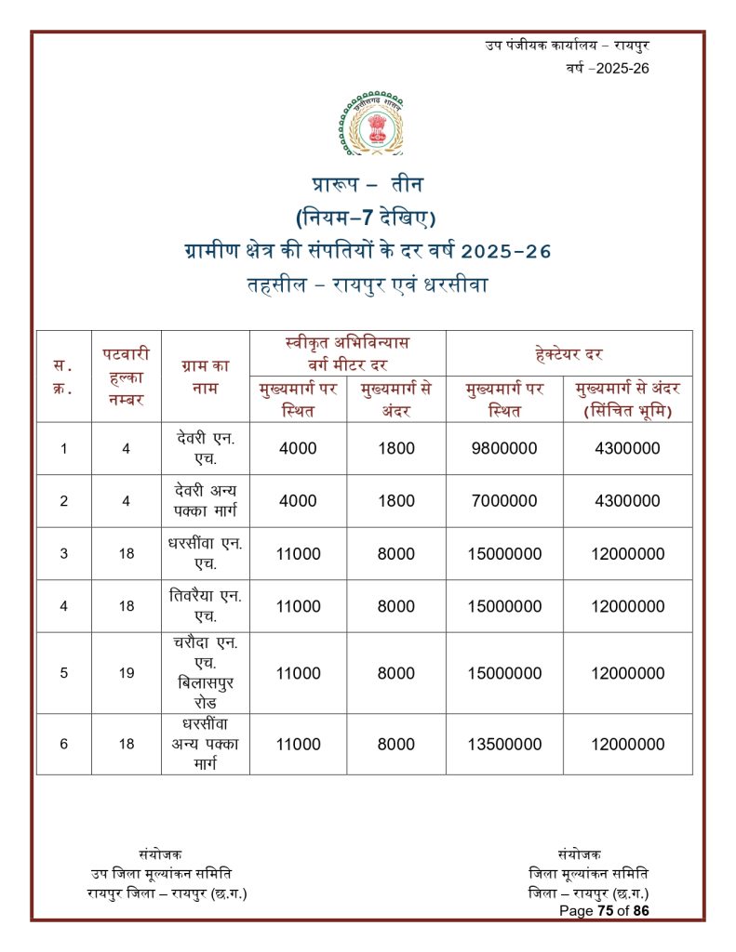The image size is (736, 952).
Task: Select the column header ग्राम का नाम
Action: (206, 377)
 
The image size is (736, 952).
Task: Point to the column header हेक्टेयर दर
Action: (569, 353)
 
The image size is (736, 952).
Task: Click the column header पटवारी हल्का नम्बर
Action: (126, 377)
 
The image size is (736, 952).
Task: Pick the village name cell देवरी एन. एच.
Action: (206, 448)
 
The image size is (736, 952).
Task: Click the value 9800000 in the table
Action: (504, 448)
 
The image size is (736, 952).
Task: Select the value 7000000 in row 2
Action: (504, 501)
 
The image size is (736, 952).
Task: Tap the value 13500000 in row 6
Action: (504, 744)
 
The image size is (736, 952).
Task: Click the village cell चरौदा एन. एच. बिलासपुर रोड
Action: (206, 673)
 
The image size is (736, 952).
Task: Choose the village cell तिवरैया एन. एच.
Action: (206, 606)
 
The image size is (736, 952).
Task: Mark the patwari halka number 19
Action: (127, 673)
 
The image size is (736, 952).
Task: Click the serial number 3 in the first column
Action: (63, 554)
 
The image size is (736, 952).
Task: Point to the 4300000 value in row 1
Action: (627, 448)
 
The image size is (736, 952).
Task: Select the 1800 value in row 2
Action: (396, 501)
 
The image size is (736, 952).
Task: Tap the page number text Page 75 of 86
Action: (604, 911)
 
